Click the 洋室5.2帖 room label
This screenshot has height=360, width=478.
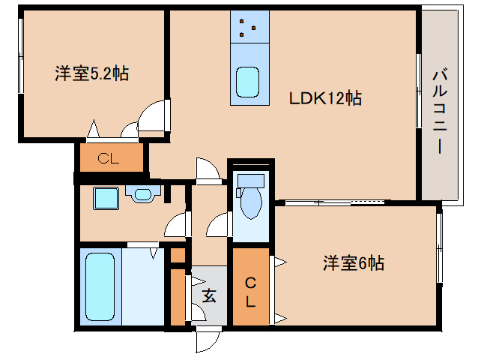tap(91, 73)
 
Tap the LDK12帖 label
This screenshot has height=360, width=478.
tap(326, 97)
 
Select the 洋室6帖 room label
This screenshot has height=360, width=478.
tap(354, 263)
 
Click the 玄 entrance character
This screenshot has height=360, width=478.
tap(208, 295)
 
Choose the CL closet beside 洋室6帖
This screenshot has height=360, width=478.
tap(252, 292)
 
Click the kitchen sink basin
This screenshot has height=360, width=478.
tap(248, 82)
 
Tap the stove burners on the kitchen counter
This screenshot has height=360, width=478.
tap(249, 28)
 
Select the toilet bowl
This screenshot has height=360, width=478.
tap(249, 200)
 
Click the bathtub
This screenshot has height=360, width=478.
tap(100, 286)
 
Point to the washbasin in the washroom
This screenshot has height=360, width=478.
tap(141, 194)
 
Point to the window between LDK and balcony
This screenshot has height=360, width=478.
tap(419, 90)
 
